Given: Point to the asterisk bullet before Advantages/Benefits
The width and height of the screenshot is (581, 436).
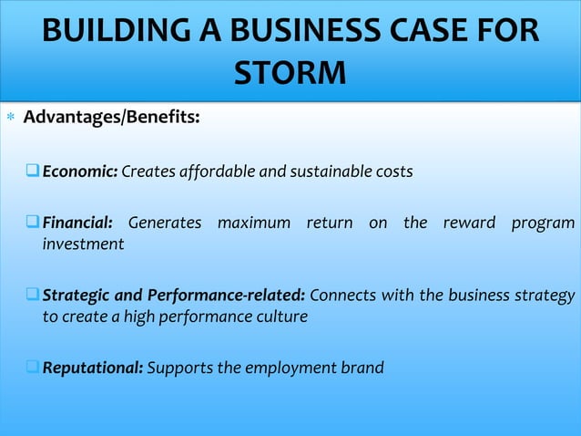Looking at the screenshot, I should [x=10, y=119].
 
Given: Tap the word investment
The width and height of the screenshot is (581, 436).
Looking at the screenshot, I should [x=83, y=244].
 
